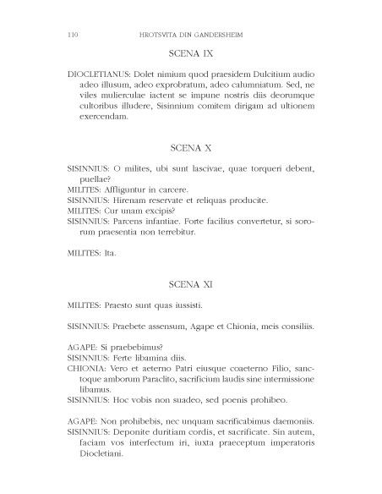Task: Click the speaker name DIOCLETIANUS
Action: [x=98, y=74]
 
